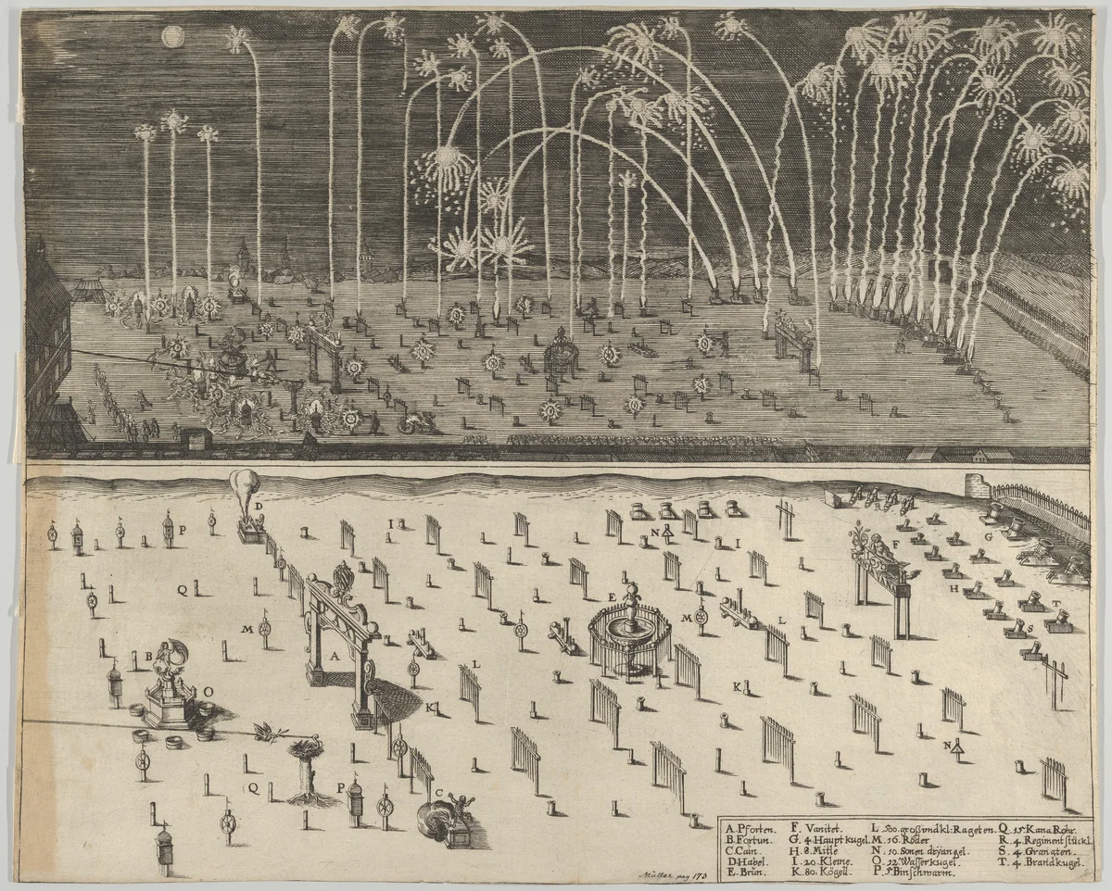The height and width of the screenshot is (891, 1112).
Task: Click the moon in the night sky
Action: pos(171,36)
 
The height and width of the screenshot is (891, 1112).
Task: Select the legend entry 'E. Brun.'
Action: pos(747,870)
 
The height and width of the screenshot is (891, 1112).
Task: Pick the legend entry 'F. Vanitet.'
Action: pos(815,829)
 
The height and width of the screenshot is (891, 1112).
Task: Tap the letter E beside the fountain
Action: pos(612,596)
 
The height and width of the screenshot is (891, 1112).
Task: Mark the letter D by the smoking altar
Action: pos(260,505)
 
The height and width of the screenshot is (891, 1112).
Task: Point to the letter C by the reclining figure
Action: pos(440,793)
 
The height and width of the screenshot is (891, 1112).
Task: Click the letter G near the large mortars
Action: pos(989,535)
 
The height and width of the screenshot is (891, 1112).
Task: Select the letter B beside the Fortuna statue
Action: pos(147,656)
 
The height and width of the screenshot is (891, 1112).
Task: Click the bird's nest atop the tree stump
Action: pos(303,748)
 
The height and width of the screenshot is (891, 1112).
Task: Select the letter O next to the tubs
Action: pos(208,690)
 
